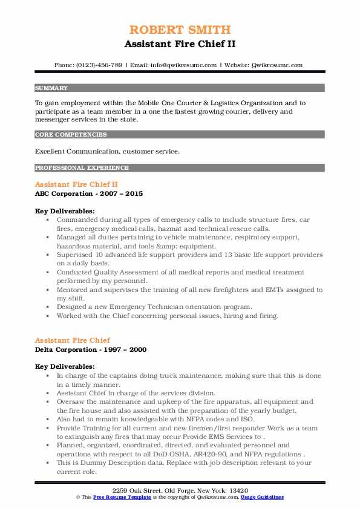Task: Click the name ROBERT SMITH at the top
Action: [x=180, y=30]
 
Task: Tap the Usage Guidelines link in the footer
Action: [x=263, y=497]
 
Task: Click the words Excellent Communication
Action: [x=71, y=152]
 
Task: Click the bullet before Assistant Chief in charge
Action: [x=47, y=392]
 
